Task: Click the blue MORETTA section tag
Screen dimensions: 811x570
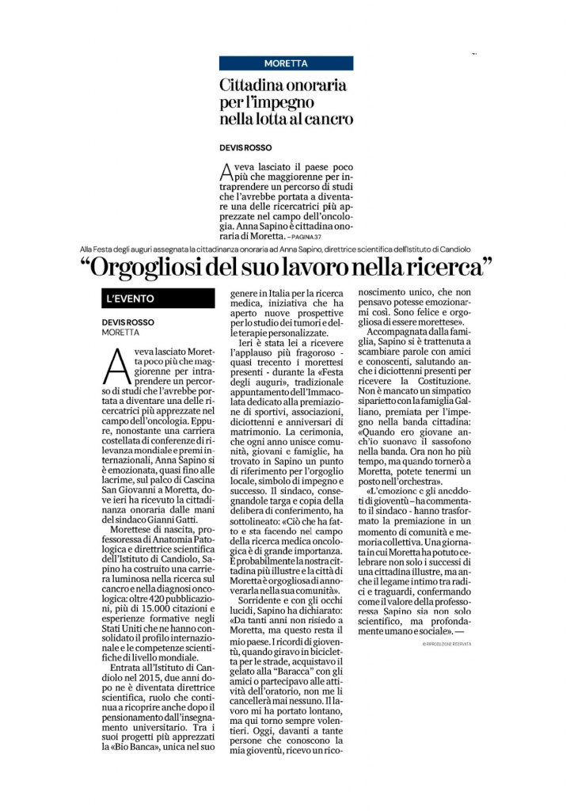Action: point(287,63)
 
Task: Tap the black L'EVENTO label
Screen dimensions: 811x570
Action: point(128,299)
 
